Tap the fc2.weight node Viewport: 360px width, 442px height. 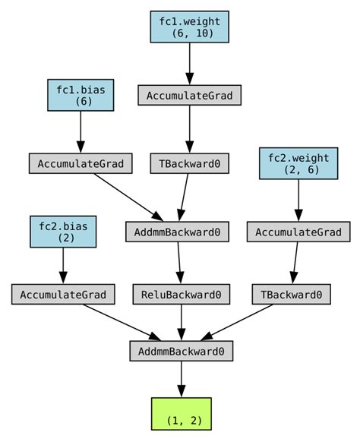point(298,163)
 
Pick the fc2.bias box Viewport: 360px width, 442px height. point(63,231)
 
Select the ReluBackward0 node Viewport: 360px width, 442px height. point(182,294)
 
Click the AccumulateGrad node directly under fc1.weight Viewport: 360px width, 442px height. point(189,95)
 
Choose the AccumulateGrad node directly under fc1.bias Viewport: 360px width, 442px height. point(81,163)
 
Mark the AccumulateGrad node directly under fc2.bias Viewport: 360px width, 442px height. point(63,294)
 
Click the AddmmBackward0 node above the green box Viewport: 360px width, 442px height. point(181,351)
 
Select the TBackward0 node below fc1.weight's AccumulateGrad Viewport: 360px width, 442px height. point(189,163)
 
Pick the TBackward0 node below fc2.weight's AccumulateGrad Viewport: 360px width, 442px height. point(292,294)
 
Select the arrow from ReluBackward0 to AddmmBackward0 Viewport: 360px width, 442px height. point(181,322)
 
